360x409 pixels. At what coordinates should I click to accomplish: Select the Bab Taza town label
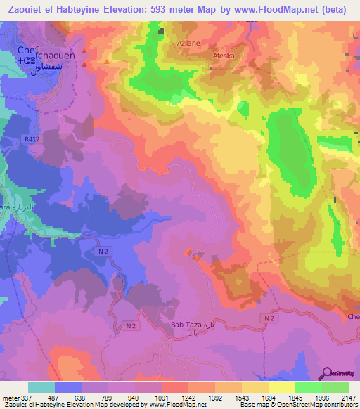[x=185, y=325]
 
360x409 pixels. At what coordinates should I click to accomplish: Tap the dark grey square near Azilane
[x=161, y=31]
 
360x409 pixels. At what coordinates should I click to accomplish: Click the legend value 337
[x=26, y=398]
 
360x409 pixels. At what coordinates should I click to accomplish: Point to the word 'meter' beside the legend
[x=10, y=398]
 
